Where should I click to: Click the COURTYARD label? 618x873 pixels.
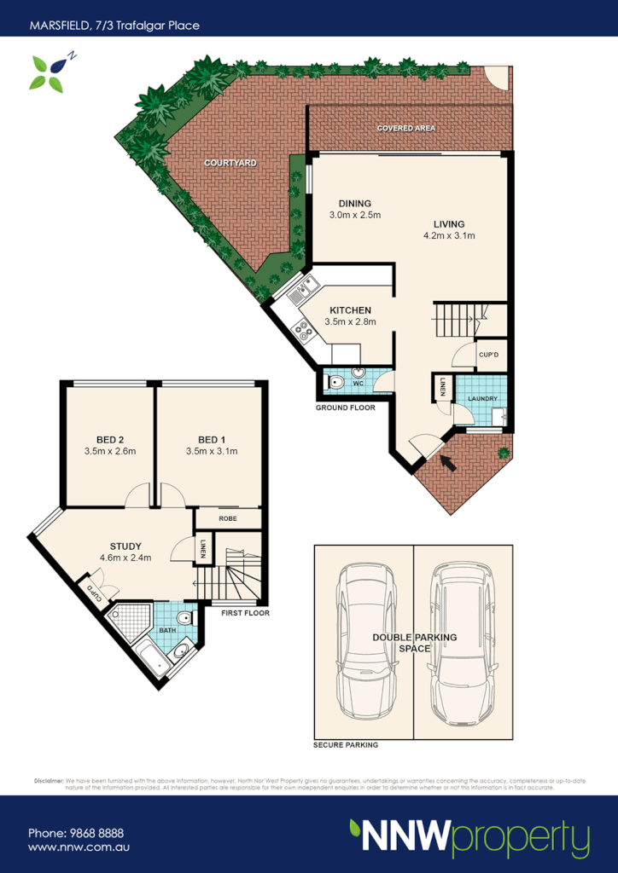(x=230, y=162)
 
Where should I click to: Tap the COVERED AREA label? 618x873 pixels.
(x=406, y=128)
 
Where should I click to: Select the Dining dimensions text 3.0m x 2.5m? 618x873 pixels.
(x=354, y=215)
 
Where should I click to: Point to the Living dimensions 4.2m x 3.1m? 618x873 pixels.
(x=449, y=235)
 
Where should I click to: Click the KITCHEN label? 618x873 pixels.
(x=350, y=309)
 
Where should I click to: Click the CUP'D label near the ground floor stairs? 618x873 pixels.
(x=488, y=355)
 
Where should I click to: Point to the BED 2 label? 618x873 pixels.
(x=110, y=438)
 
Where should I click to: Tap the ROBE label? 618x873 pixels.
(x=228, y=518)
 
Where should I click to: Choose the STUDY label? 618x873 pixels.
(x=125, y=546)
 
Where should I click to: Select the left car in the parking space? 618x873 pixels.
(x=364, y=642)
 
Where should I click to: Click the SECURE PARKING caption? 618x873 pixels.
(x=346, y=744)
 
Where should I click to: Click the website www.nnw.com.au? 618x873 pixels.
(x=79, y=847)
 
